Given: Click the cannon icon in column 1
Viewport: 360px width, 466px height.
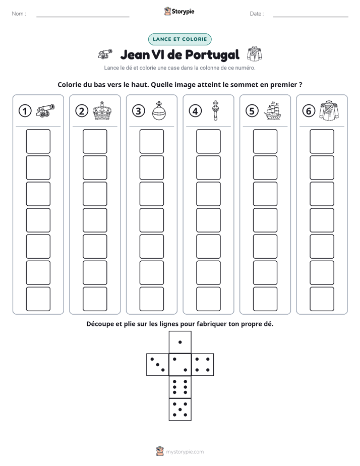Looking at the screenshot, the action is point(45,110).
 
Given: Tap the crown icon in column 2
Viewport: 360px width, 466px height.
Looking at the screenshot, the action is point(102,110).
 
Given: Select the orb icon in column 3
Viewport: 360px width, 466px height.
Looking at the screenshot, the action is point(159,110).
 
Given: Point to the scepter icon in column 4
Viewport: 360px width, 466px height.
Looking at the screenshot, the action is point(215,110).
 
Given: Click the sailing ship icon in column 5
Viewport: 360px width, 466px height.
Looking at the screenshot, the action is point(272,110).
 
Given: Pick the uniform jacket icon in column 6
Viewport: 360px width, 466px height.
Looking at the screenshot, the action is point(329,110).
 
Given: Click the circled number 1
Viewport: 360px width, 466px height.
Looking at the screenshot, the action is point(25,111).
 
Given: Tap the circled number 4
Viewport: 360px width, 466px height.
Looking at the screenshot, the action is point(195,111).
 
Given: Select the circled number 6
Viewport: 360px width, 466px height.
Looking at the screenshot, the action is point(309,111).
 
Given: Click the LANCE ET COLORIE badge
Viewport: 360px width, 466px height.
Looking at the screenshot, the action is point(179,39).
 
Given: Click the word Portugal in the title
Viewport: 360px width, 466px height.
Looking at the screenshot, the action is point(212,54).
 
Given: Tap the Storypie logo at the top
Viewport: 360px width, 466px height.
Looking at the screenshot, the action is point(179,11).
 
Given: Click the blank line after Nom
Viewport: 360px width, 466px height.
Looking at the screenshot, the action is point(83,17).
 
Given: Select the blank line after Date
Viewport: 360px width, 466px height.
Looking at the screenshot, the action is point(311,17).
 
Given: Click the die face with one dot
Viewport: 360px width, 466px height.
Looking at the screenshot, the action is point(180,342).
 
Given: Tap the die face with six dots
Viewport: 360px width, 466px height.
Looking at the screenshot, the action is point(180,387).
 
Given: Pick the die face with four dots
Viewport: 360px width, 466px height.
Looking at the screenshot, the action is point(203,365).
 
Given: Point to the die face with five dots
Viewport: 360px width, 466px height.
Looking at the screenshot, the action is point(180,410).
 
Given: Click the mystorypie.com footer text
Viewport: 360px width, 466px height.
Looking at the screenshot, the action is point(185,452).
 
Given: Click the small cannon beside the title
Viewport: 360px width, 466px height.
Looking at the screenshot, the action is point(105,54).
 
